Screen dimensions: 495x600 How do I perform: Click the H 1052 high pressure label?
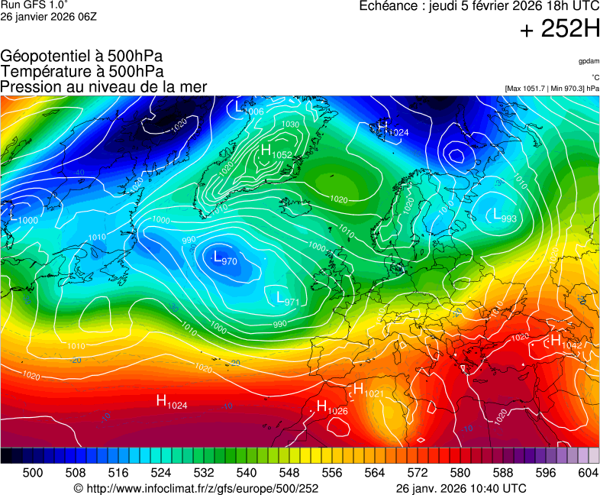click(276, 152)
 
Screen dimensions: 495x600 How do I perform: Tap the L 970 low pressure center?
click(224, 258)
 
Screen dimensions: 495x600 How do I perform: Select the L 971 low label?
click(286, 299)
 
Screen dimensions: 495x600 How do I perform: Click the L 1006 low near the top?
click(249, 108)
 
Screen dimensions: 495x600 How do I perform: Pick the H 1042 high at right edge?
click(566, 342)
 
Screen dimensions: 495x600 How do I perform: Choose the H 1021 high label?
click(368, 390)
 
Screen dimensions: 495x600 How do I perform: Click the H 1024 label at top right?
click(393, 129)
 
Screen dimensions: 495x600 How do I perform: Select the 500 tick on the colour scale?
click(33, 473)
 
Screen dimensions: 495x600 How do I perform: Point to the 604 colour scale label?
click(588, 473)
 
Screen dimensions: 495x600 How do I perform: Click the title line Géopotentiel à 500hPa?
click(81, 57)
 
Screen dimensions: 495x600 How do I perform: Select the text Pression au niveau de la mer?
click(104, 87)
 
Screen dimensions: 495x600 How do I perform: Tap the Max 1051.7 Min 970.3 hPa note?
click(551, 89)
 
